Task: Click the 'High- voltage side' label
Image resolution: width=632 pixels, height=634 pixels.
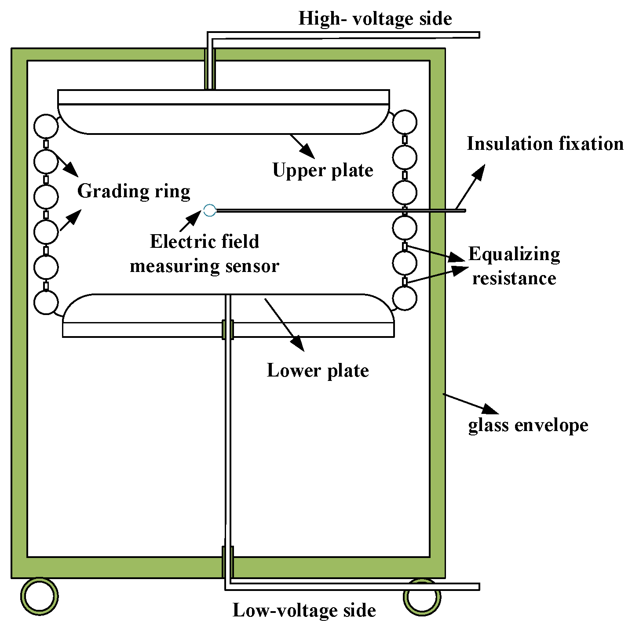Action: pos(375,18)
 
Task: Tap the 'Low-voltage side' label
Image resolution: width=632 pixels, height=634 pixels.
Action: pos(304,610)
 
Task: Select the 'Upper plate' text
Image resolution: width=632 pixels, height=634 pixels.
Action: pos(322,170)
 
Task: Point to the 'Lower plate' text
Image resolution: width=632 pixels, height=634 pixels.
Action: pos(318,370)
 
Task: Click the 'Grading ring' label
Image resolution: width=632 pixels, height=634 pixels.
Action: pos(134,191)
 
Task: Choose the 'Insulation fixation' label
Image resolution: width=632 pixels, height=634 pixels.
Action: pos(545,144)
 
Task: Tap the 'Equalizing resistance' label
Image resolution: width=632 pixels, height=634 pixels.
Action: pos(514,266)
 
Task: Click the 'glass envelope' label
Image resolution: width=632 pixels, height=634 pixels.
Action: pos(528,425)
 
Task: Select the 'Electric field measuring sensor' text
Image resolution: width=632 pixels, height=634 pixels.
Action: pos(205,254)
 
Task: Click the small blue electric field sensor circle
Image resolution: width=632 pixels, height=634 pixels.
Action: pos(210,210)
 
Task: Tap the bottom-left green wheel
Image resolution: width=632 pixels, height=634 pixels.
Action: pos(40,596)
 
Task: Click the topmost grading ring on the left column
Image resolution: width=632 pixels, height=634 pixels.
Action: pos(46,126)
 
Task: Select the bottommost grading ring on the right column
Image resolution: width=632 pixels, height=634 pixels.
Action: pos(404,298)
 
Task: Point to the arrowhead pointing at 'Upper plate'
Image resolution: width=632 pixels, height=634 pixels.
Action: pos(308,152)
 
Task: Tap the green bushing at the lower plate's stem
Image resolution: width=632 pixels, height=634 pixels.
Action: pos(227,330)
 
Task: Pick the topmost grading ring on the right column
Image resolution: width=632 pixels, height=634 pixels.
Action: pos(404,122)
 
